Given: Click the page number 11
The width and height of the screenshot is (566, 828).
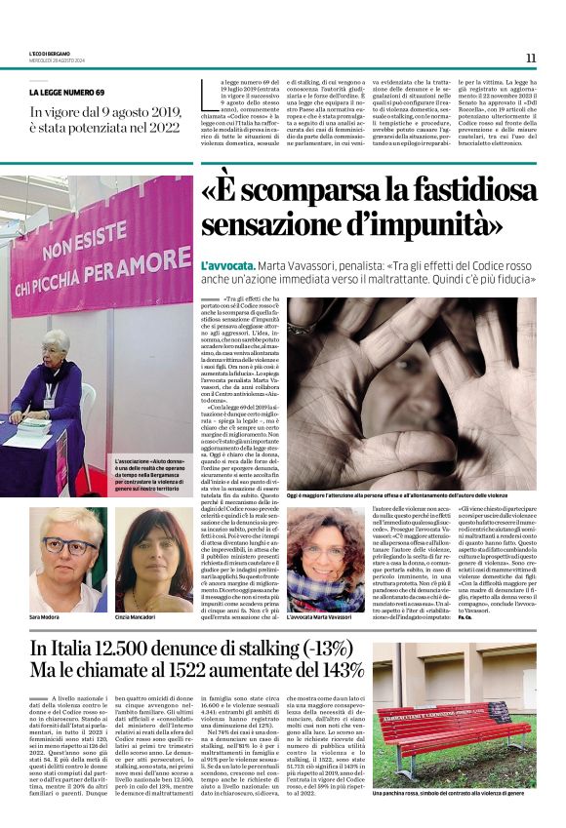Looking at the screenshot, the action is tap(531, 57).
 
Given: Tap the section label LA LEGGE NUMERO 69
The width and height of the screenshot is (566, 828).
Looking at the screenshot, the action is tap(67, 92).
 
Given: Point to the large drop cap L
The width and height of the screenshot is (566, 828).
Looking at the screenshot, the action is tap(206, 94).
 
